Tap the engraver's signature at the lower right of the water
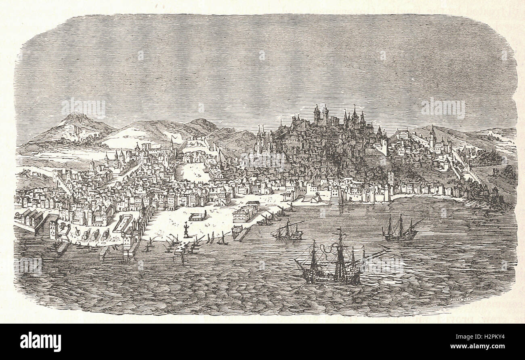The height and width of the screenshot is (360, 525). pyautogui.click(x=458, y=299)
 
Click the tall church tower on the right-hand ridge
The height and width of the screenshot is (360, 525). pyautogui.click(x=433, y=137)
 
